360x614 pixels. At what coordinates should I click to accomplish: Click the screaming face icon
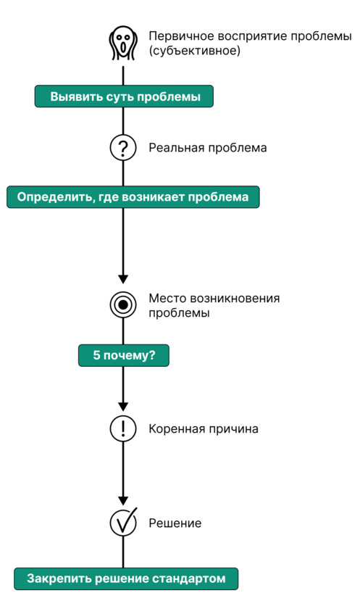pos(123,43)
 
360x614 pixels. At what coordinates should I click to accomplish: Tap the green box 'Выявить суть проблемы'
pos(124,96)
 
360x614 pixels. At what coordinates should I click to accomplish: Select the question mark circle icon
pos(123,148)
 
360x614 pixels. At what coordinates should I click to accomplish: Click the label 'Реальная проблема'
pos(207,148)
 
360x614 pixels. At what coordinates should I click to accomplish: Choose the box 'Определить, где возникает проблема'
pos(133,197)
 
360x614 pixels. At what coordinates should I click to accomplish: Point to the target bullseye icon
pos(123,304)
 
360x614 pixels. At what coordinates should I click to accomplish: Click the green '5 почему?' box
pos(124,355)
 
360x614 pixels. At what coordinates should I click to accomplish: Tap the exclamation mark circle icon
pos(123,428)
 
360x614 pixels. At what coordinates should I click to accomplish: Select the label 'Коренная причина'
pos(203,428)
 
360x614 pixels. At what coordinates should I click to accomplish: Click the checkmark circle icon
pos(123,523)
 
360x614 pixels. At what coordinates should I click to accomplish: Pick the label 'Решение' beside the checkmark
pos(175,523)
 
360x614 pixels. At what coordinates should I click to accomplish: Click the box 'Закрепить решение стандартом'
pos(126,578)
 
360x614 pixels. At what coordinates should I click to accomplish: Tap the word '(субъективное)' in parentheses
pos(194,51)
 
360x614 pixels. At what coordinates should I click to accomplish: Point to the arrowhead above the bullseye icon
pos(123,279)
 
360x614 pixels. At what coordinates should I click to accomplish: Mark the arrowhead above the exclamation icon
pos(123,407)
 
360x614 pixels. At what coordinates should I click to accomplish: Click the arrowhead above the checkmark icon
pos(123,501)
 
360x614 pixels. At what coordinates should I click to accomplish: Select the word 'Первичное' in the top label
pos(181,36)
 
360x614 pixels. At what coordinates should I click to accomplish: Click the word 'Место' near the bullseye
pos(167,299)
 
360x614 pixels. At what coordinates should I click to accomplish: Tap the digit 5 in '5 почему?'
pos(96,355)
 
